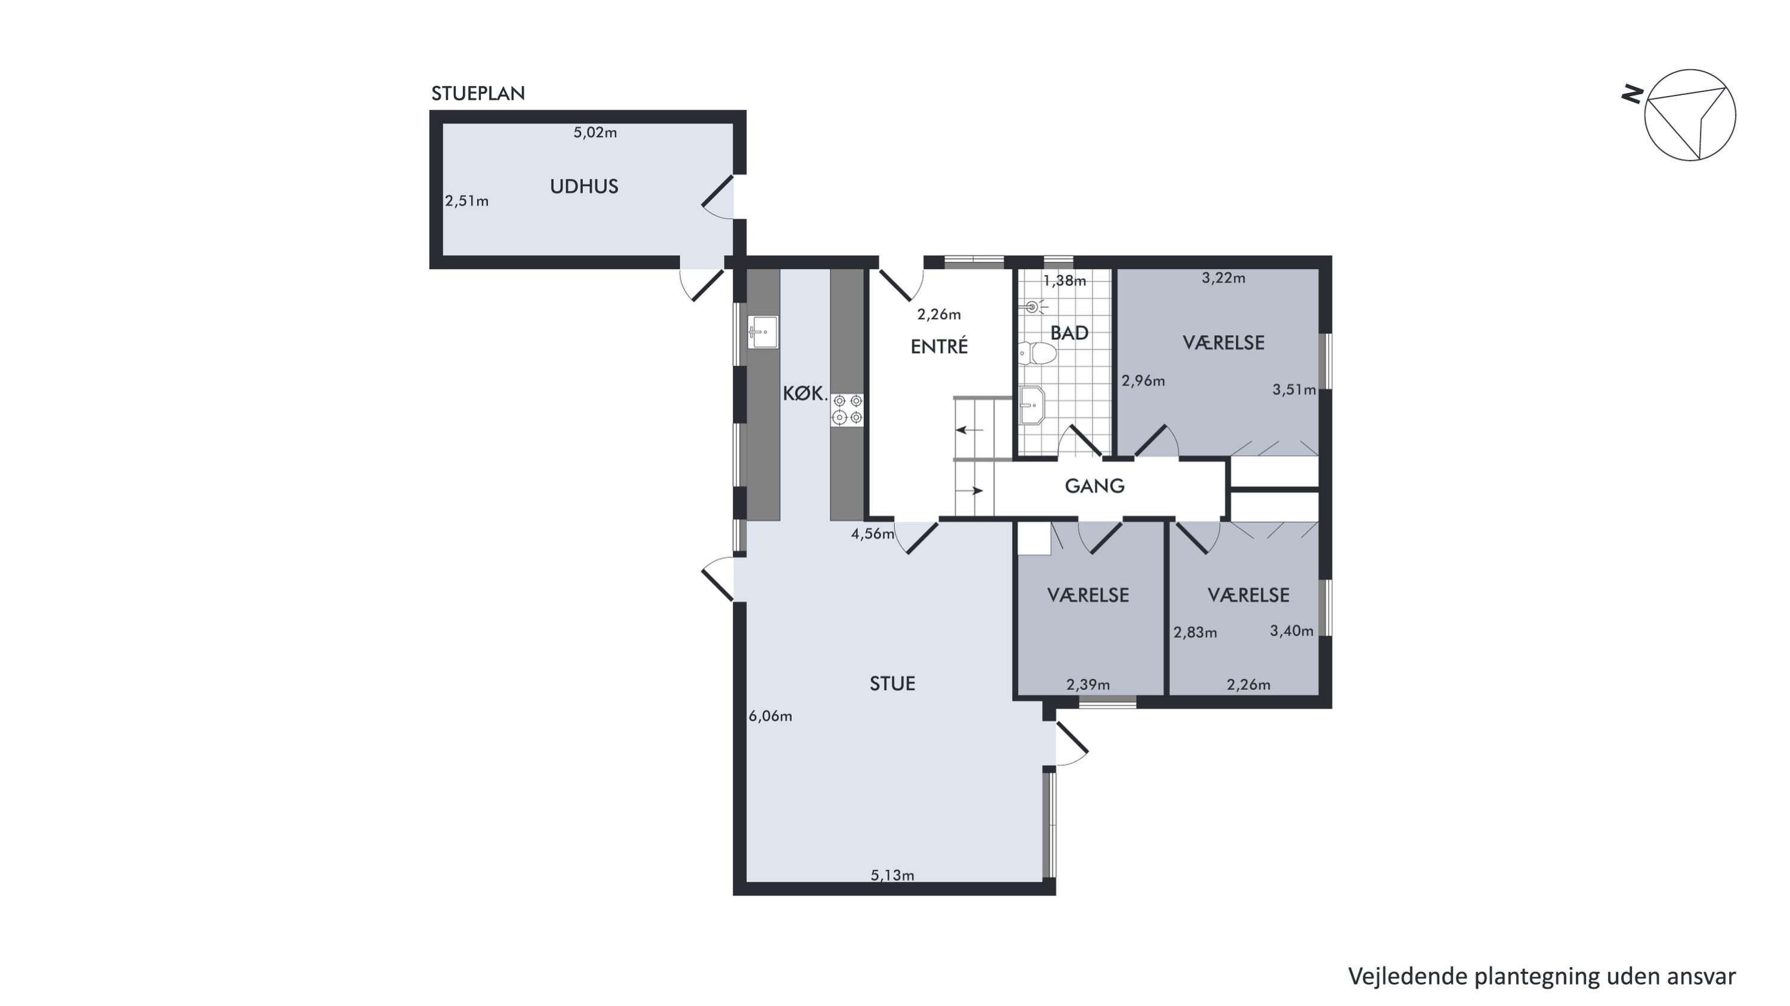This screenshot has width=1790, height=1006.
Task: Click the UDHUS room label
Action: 584,186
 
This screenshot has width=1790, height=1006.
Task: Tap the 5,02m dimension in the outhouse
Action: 595,132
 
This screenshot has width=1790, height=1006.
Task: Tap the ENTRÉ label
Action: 939,346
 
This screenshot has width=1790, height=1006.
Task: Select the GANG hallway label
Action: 1094,486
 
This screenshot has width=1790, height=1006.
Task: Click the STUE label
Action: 892,684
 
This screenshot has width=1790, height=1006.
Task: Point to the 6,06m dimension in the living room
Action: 770,716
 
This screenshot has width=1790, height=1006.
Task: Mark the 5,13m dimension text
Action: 892,875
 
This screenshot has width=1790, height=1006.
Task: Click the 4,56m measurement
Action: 873,534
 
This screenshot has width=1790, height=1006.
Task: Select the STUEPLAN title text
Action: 478,93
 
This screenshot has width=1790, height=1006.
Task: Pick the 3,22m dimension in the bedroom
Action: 1223,278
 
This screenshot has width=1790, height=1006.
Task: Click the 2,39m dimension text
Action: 1088,685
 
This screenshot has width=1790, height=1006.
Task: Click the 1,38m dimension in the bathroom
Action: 1064,281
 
